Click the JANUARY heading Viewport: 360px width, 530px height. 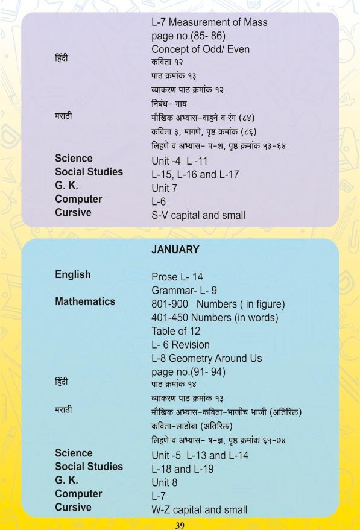pyautogui.click(x=175, y=250)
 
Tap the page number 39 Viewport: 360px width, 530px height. pyautogui.click(x=180, y=525)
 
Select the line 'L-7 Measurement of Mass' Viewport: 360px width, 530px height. pyautogui.click(x=209, y=23)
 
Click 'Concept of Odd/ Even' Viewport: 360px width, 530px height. pyautogui.click(x=200, y=49)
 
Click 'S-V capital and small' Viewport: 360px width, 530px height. pyautogui.click(x=198, y=215)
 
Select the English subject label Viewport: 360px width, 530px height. pyautogui.click(x=73, y=275)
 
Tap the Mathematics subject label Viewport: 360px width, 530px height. pyautogui.click(x=85, y=301)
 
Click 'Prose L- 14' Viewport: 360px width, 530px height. pyautogui.click(x=177, y=277)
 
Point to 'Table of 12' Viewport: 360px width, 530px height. pyautogui.click(x=176, y=331)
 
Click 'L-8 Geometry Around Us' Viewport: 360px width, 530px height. pyautogui.click(x=207, y=358)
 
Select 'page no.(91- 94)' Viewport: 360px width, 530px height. pyautogui.click(x=189, y=372)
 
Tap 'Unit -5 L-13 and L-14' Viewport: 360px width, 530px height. pyautogui.click(x=200, y=456)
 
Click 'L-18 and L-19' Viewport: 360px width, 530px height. pyautogui.click(x=183, y=469)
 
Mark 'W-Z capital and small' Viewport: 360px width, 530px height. pyautogui.click(x=200, y=509)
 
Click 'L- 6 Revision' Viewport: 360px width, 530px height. pyautogui.click(x=181, y=345)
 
